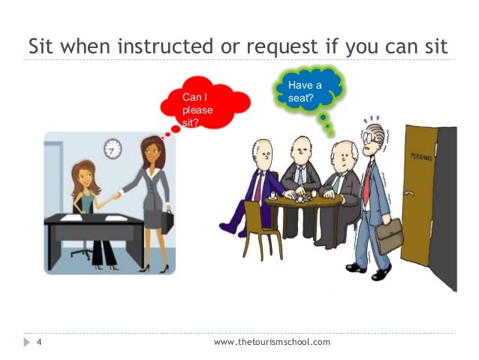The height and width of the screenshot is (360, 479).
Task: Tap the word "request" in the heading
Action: [274, 47]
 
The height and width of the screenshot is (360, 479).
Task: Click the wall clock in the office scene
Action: [112, 148]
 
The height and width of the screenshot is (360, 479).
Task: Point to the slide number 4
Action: [38, 343]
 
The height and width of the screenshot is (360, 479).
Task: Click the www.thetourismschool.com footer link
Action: [272, 343]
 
